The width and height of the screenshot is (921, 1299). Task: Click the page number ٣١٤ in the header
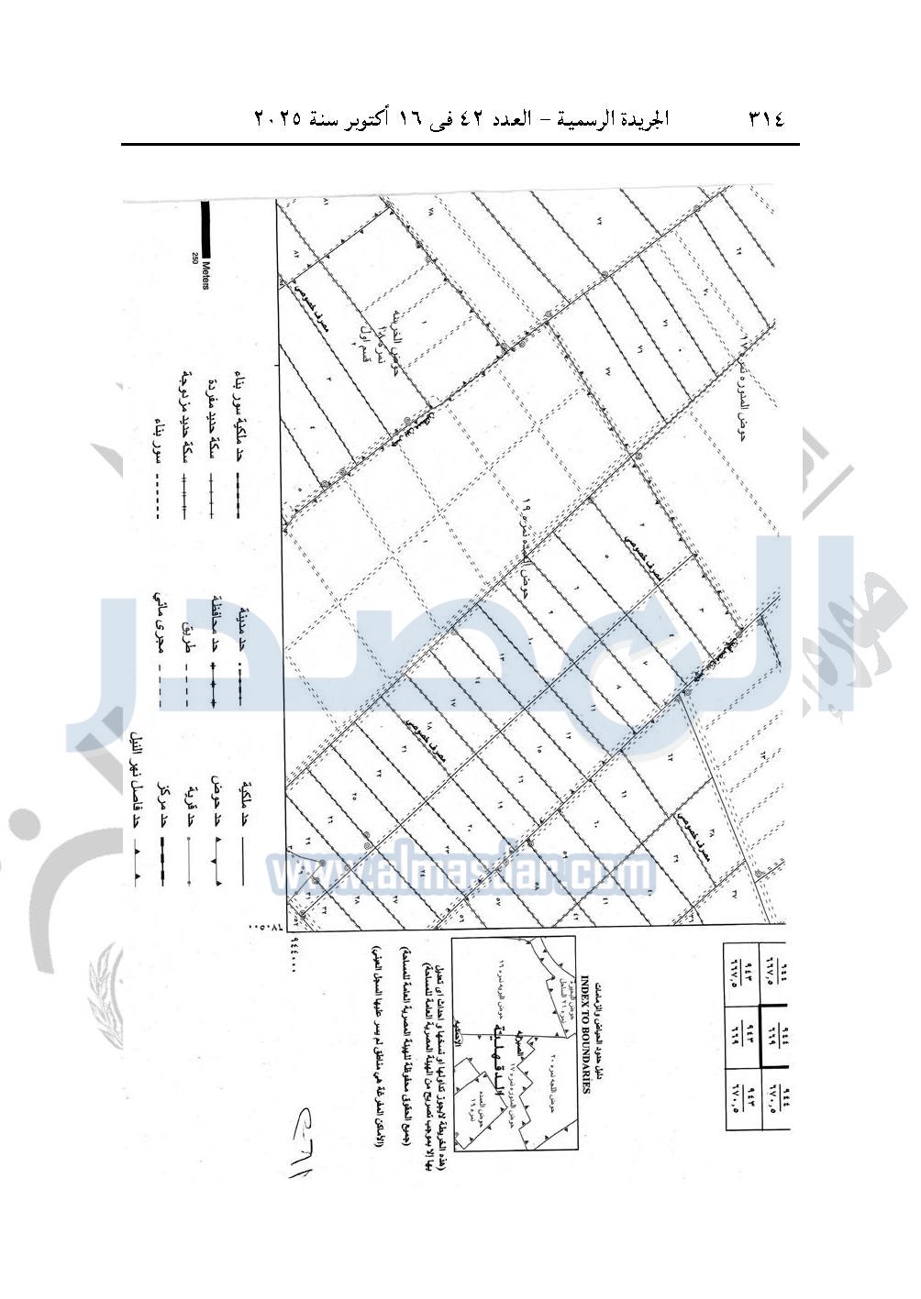tap(766, 119)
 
